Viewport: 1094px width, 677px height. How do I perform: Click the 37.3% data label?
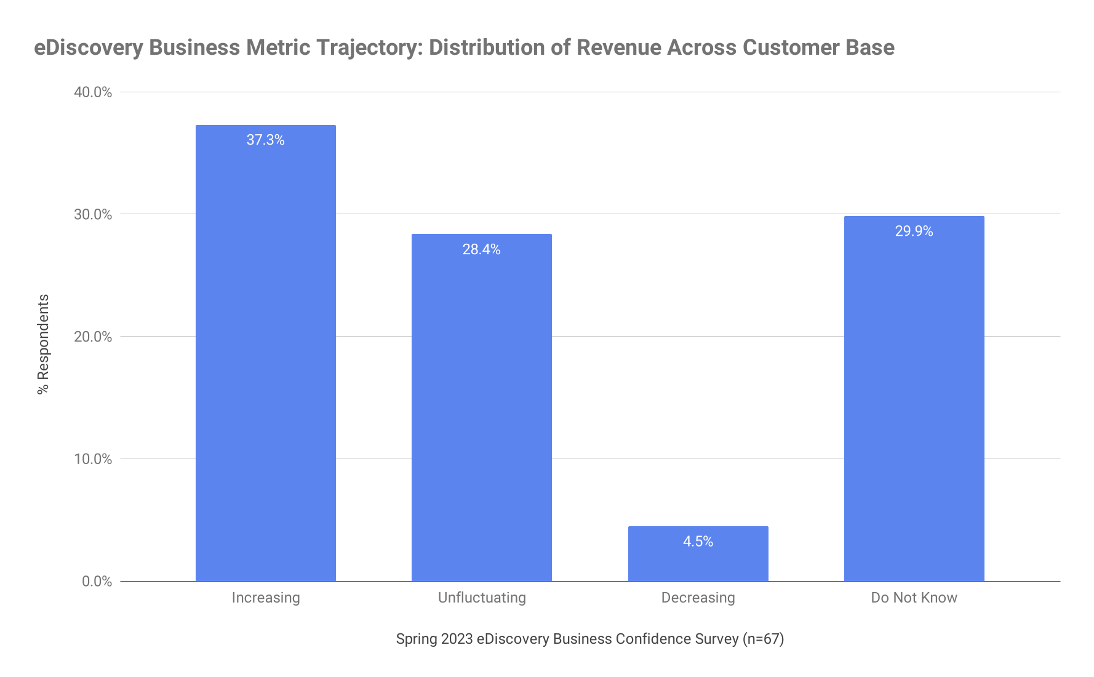pyautogui.click(x=265, y=140)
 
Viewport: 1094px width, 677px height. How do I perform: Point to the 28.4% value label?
pyautogui.click(x=481, y=249)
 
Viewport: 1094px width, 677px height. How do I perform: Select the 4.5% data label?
pyautogui.click(x=698, y=542)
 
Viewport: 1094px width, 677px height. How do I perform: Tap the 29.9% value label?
pyautogui.click(x=914, y=231)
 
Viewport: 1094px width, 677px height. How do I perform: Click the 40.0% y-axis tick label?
pyautogui.click(x=93, y=92)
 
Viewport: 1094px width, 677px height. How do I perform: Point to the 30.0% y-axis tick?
pyautogui.click(x=93, y=214)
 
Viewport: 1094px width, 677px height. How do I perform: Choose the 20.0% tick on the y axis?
pyautogui.click(x=93, y=337)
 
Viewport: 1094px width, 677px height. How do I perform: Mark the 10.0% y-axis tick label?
pyautogui.click(x=93, y=459)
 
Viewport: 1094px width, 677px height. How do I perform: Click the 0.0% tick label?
pyautogui.click(x=97, y=582)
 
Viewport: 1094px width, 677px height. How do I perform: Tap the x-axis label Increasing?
pyautogui.click(x=265, y=598)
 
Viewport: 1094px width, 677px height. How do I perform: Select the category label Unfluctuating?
pyautogui.click(x=481, y=598)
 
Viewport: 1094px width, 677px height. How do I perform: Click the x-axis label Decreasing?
pyautogui.click(x=698, y=598)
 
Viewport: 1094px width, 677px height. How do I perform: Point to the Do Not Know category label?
pyautogui.click(x=914, y=598)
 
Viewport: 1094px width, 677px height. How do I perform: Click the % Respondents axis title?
pyautogui.click(x=43, y=344)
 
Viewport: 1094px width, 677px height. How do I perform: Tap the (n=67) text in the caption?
pyautogui.click(x=763, y=639)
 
